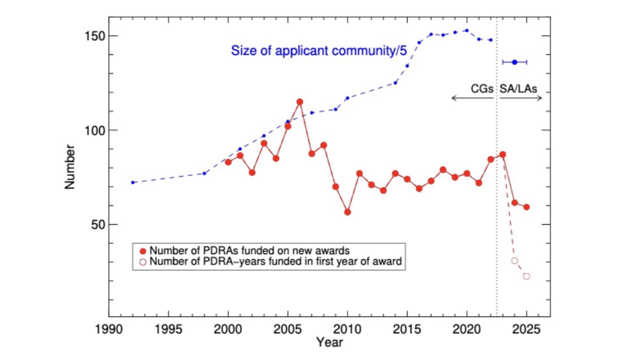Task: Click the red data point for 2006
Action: (300, 102)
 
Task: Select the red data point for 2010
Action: (347, 212)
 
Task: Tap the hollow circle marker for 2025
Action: (527, 276)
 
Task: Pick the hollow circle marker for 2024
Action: (515, 260)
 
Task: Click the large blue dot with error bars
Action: (515, 62)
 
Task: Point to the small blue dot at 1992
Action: (132, 182)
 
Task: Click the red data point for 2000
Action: (228, 162)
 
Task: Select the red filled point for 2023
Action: (502, 155)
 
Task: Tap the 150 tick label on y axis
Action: (92, 36)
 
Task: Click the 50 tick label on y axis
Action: (95, 224)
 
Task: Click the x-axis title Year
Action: (330, 342)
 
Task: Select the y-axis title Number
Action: (70, 166)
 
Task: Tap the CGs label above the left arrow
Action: (482, 89)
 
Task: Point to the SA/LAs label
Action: (518, 89)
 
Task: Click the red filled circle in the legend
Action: (143, 251)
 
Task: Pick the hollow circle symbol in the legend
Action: (143, 262)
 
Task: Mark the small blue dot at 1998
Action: (204, 173)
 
